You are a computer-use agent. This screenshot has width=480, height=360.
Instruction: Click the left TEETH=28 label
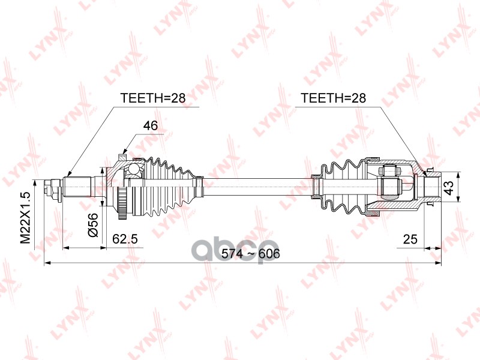point(153,97)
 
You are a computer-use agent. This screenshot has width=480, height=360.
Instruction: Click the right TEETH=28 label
point(333,97)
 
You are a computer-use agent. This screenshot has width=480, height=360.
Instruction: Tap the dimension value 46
point(151,125)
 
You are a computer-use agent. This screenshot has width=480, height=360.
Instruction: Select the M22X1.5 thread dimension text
point(25,217)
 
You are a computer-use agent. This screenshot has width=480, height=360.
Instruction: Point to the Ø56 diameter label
point(93,225)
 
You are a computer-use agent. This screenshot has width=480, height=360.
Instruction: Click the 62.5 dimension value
point(125,239)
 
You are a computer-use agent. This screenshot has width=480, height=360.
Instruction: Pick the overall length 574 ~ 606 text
point(251,254)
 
